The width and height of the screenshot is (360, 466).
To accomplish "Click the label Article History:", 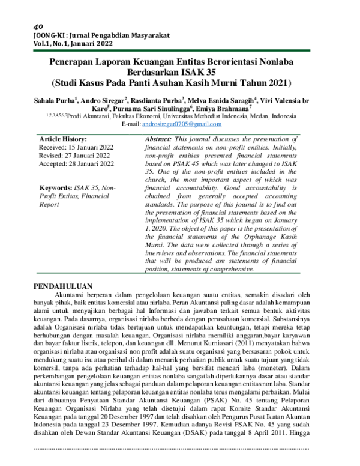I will pos(63,139).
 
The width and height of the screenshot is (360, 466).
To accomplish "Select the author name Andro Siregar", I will pos(101,100).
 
